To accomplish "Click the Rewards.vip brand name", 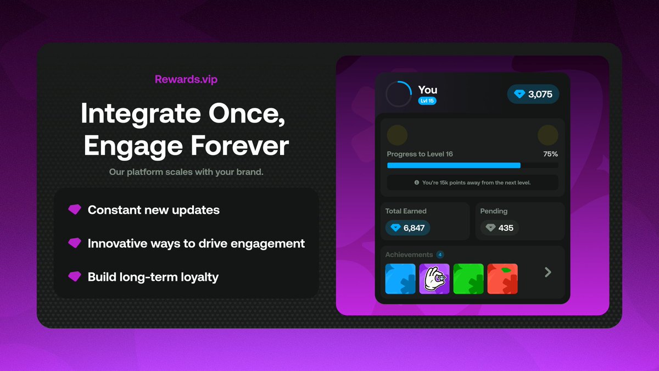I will [x=186, y=80].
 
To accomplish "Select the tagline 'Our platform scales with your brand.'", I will [x=186, y=172].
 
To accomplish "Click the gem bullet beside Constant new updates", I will [x=74, y=209].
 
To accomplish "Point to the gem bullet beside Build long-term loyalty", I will [x=74, y=276].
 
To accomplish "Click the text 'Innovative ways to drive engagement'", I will [x=196, y=243].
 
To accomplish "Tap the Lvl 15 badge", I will [x=427, y=101].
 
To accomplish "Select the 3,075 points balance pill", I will [x=533, y=94].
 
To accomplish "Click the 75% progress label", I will [x=550, y=154].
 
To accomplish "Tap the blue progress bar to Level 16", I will [x=454, y=165].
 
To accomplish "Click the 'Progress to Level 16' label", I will [x=420, y=154].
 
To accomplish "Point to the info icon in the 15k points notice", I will [x=417, y=182].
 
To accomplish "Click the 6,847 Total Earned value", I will [x=407, y=228].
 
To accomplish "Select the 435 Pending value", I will [x=499, y=228].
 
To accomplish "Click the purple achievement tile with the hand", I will [x=434, y=279].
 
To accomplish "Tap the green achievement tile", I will [x=468, y=279].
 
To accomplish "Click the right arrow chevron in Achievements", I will [x=548, y=272].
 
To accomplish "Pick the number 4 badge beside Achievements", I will [x=440, y=254].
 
